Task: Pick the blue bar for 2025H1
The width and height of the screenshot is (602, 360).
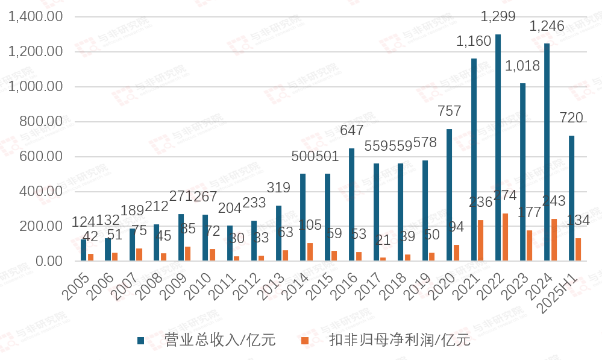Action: (571, 198)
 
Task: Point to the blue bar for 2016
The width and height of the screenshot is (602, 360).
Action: (351, 204)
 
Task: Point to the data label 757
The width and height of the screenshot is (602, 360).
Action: (450, 111)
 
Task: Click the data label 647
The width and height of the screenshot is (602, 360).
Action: (351, 130)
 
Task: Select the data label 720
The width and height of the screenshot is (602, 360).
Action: (571, 118)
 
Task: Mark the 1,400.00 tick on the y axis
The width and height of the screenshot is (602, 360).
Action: (36, 17)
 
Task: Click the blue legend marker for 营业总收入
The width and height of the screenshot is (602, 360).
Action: (140, 341)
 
